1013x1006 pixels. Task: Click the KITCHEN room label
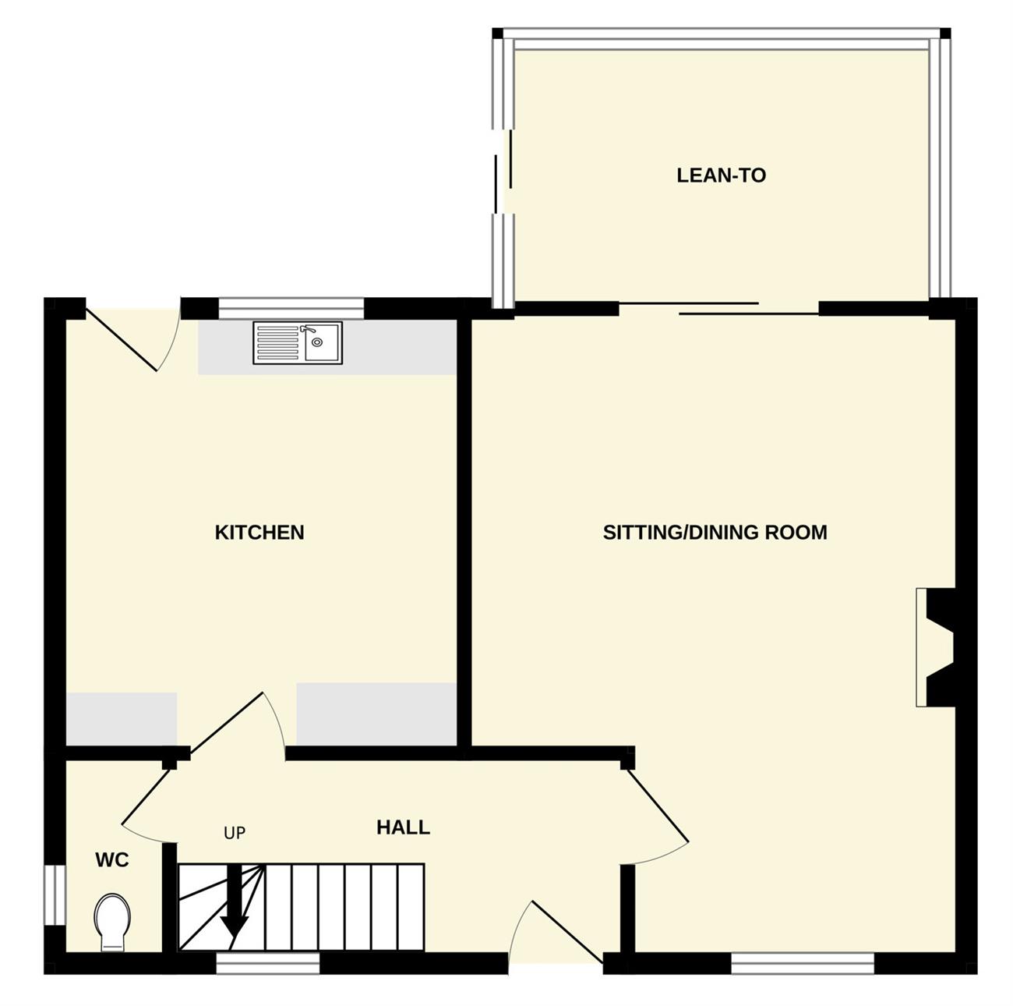259,533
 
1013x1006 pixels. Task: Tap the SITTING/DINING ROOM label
715,533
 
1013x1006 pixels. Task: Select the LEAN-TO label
721,175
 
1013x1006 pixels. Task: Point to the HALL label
403,827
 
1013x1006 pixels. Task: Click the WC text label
112,860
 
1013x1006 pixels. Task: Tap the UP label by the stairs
235,833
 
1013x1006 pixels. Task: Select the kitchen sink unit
298,342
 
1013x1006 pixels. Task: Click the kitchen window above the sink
291,309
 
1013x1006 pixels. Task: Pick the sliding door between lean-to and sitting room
718,309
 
